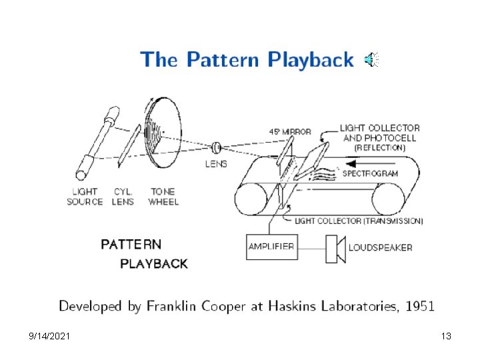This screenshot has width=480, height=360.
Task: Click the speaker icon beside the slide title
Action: pyautogui.click(x=371, y=60)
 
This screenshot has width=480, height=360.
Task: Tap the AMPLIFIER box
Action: pyautogui.click(x=271, y=247)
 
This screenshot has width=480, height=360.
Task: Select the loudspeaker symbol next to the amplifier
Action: pyautogui.click(x=335, y=248)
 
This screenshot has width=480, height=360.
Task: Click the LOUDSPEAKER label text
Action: pyautogui.click(x=380, y=247)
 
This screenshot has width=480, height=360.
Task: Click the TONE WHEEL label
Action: pyautogui.click(x=163, y=196)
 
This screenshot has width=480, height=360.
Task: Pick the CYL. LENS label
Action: pyautogui.click(x=122, y=196)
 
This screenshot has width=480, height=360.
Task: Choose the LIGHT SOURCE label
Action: pyautogui.click(x=85, y=196)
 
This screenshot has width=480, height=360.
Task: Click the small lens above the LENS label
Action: pyautogui.click(x=217, y=147)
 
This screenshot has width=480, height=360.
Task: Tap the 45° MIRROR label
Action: pyautogui.click(x=290, y=131)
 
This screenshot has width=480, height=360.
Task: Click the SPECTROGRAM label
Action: pyautogui.click(x=370, y=173)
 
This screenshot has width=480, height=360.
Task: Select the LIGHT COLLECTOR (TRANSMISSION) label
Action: pyautogui.click(x=359, y=221)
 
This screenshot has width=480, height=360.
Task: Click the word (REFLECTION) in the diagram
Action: pyautogui.click(x=379, y=147)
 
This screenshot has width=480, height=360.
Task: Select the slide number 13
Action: pyautogui.click(x=446, y=337)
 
